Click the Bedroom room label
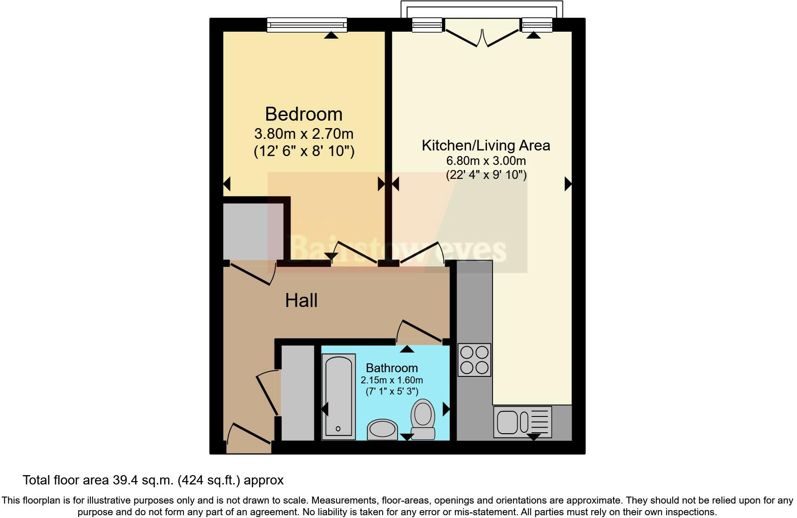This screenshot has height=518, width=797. click(x=304, y=114)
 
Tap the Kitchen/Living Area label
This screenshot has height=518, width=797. click(x=486, y=145)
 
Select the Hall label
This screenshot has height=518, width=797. click(x=301, y=300)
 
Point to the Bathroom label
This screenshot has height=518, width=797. click(x=392, y=368)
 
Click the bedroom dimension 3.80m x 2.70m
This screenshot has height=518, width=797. click(x=304, y=134)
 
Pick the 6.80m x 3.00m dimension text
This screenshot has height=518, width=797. click(x=486, y=161)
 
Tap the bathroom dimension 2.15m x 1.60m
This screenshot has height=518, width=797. click(x=392, y=380)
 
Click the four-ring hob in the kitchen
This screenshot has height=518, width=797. click(x=474, y=360)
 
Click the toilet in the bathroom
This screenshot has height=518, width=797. click(x=423, y=418)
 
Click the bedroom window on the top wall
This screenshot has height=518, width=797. click(x=307, y=24)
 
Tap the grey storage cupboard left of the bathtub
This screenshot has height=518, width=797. click(x=298, y=392)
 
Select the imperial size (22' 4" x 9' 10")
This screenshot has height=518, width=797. click(x=486, y=175)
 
